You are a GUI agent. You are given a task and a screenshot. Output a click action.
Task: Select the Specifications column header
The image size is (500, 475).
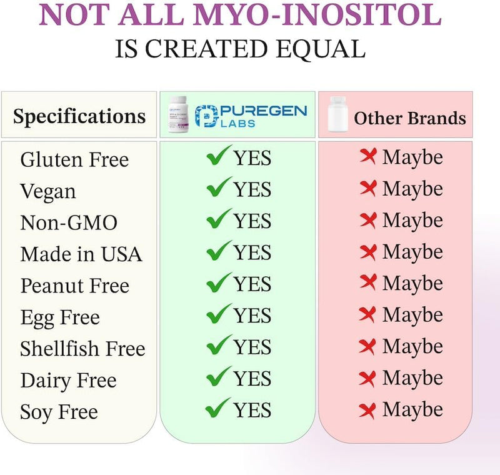[79, 116]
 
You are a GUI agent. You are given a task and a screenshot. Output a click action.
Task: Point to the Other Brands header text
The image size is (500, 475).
[410, 118]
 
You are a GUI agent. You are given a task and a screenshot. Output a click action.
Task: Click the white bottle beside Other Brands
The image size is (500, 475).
[337, 115]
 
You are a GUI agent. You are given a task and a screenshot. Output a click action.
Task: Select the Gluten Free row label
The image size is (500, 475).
[74, 159]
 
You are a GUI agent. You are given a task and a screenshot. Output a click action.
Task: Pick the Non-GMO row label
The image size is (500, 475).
[69, 222]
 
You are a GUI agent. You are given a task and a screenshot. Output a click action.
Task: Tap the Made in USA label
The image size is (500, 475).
[81, 254]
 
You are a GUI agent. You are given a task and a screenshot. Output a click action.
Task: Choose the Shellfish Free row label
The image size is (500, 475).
[82, 348]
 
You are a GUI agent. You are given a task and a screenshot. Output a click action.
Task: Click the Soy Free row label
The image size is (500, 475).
[59, 412]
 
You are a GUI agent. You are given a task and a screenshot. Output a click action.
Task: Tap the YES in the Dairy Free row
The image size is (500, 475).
[252, 378]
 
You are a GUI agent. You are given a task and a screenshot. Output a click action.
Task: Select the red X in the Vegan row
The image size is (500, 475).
[368, 188]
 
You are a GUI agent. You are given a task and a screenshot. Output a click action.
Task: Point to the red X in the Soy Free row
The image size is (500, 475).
[368, 409]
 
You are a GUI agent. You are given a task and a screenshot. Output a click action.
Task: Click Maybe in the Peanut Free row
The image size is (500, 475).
[412, 284]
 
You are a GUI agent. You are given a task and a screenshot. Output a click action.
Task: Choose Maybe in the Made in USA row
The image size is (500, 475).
[412, 252]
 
